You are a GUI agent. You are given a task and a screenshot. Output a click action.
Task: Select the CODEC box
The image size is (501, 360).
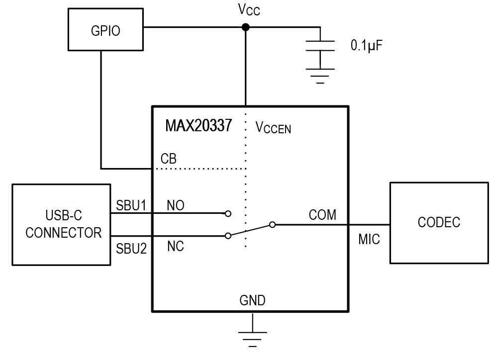point(439,222)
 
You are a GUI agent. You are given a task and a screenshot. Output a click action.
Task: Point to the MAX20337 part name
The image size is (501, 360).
point(199,126)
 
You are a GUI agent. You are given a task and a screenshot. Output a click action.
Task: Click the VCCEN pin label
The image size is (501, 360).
point(273,128)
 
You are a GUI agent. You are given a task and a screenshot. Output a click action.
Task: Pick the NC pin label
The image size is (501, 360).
point(176,246)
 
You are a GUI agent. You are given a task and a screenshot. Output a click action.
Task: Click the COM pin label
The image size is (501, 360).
point(322,215)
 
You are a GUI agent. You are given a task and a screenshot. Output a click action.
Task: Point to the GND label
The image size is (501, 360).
point(252,300)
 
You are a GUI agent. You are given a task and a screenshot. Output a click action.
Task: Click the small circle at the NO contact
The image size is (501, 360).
point(228,214)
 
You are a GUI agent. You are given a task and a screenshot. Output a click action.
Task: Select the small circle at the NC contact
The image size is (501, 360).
point(228,236)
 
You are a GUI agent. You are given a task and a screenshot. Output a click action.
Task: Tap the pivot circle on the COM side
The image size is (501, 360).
point(272,225)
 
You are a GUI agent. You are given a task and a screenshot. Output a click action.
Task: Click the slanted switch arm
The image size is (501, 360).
point(250,230)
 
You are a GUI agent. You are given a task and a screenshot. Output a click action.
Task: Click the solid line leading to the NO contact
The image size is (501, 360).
point(189,213)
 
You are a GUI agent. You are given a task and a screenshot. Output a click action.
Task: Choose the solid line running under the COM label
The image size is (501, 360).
point(311,225)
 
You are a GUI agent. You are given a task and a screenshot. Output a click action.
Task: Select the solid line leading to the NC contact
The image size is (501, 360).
point(189,236)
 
